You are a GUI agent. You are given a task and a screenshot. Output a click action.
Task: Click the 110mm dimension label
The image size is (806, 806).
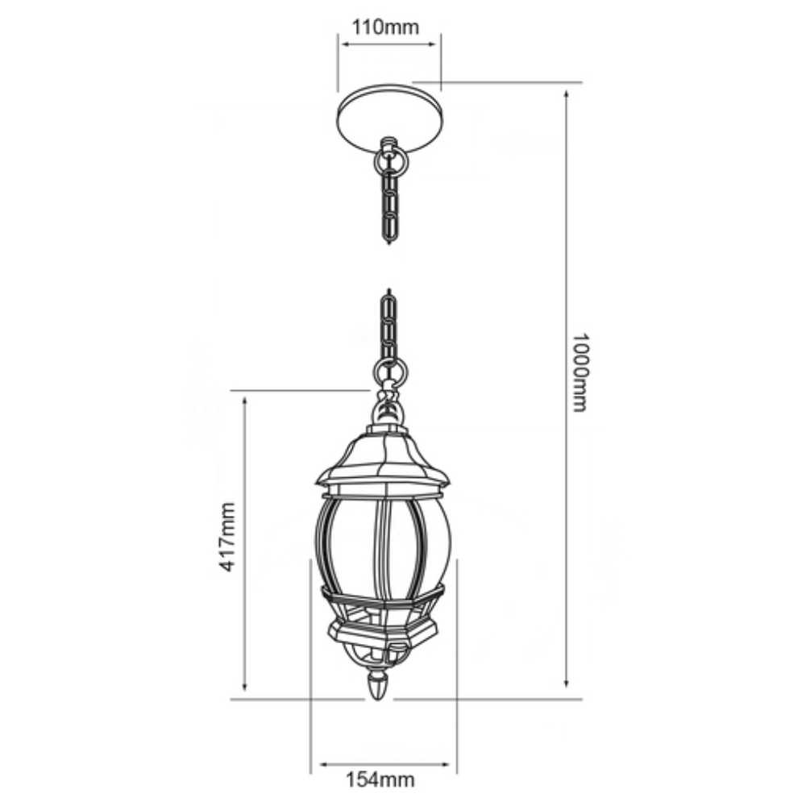[x=386, y=27]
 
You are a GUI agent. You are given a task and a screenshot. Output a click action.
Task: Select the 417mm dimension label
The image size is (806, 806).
[x=227, y=537]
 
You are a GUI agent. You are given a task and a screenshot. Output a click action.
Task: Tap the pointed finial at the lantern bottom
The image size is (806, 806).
[x=378, y=686]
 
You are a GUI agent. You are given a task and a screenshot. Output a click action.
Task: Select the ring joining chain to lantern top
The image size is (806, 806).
[x=390, y=372]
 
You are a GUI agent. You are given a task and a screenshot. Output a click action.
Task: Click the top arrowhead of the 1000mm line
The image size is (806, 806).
[x=568, y=94]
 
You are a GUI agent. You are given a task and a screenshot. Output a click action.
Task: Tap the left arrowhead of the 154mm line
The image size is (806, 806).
[x=322, y=763]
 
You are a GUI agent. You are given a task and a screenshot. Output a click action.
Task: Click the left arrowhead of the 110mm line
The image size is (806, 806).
[x=343, y=44]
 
